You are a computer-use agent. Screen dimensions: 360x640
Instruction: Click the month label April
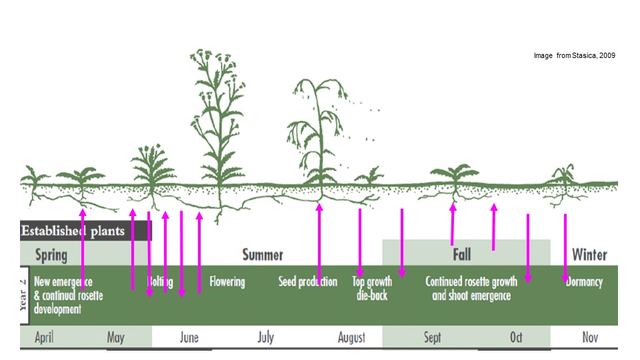coord(44,337)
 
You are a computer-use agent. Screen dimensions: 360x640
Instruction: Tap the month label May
coord(115,337)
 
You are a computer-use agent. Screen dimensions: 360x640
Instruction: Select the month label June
coord(189,337)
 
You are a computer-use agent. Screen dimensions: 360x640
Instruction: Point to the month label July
coord(265,337)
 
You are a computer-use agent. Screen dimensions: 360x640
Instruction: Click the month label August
coord(351,337)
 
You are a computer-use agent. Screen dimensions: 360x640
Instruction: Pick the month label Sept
coord(432,337)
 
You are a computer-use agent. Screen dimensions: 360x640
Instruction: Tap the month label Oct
coord(516,337)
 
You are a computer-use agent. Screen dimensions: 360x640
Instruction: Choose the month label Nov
coord(590,337)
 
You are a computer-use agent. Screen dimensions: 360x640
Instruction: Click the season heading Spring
coord(51,255)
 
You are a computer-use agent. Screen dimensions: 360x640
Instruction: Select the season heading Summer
coord(263,255)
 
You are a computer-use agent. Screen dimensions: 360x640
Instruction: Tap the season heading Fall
coord(461,255)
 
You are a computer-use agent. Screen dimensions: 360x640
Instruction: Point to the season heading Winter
coord(589,255)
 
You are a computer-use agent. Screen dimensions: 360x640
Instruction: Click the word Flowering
coord(227,282)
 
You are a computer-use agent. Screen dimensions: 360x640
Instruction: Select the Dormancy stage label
coord(584,282)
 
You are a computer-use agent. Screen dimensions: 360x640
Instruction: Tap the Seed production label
coord(307,282)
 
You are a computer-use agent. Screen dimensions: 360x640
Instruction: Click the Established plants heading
coord(73,231)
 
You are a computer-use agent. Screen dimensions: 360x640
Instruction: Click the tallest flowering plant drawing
coord(218,120)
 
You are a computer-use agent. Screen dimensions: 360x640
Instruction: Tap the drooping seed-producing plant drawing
coord(319,133)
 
